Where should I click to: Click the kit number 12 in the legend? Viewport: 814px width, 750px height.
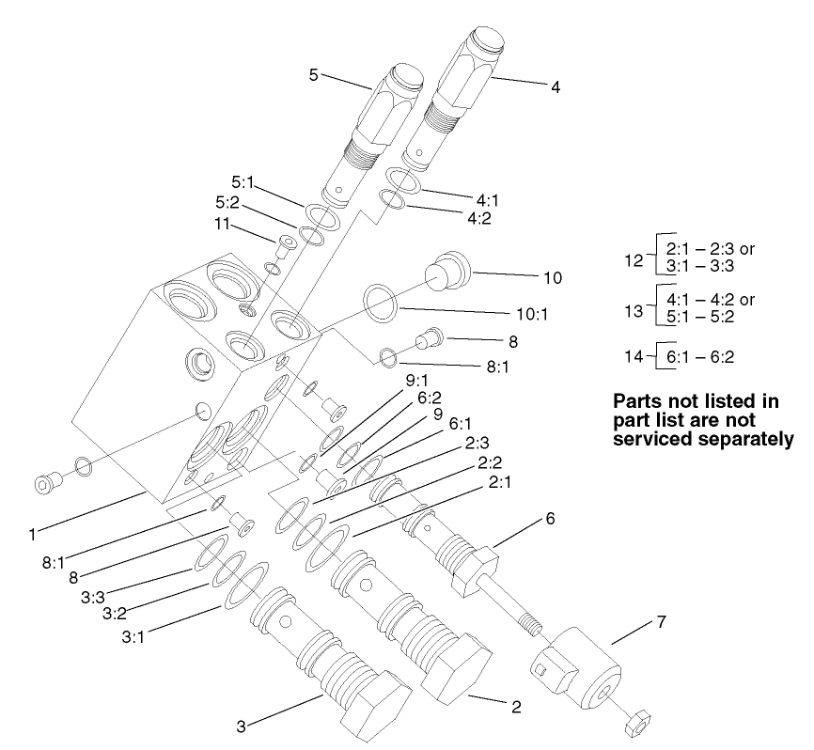tap(636, 258)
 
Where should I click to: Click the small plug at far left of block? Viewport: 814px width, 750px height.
tap(45, 483)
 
